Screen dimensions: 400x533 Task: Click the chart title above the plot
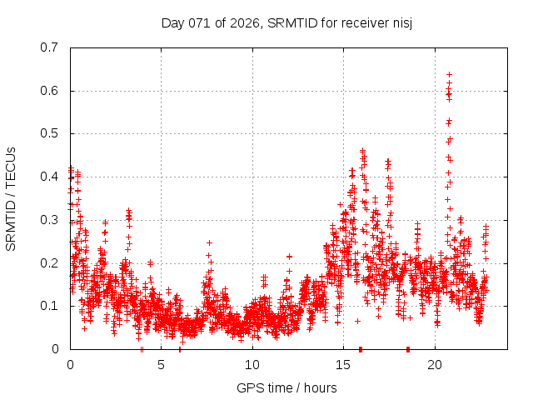coord(287,22)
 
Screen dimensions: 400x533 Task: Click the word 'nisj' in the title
coord(401,22)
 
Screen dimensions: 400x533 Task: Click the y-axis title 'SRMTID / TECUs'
coord(11,198)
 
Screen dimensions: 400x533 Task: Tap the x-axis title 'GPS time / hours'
coord(286,387)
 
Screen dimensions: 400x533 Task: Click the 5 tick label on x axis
coord(161,365)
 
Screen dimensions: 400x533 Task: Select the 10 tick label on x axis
coord(252,365)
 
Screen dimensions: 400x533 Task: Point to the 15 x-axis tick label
coord(343,365)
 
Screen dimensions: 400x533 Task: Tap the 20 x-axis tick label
coord(435,365)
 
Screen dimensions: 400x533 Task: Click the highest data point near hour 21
coord(449,75)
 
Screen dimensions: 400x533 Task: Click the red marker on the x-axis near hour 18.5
coord(408,349)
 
